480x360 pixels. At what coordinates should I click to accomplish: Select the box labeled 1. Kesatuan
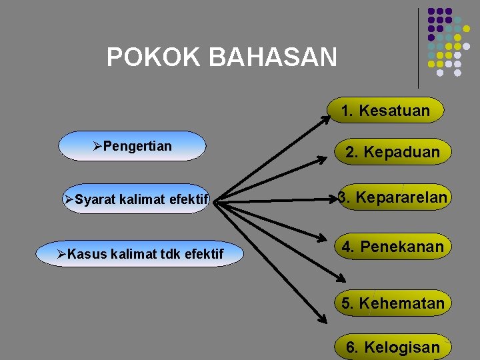pos(386,111)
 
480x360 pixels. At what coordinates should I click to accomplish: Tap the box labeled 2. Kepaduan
pos(392,152)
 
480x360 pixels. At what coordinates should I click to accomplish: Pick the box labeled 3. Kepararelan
pos(393,197)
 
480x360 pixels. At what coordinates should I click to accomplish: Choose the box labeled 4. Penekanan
pos(393,247)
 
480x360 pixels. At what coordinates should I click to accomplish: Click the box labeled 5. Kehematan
pos(393,303)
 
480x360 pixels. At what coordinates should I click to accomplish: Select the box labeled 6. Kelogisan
pos(393,347)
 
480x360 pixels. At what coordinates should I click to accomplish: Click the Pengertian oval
pos(132,146)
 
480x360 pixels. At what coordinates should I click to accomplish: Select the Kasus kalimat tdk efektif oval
pos(141,253)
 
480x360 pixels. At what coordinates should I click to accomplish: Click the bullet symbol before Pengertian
pos(97,146)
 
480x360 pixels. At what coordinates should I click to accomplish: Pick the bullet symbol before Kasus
pos(61,254)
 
